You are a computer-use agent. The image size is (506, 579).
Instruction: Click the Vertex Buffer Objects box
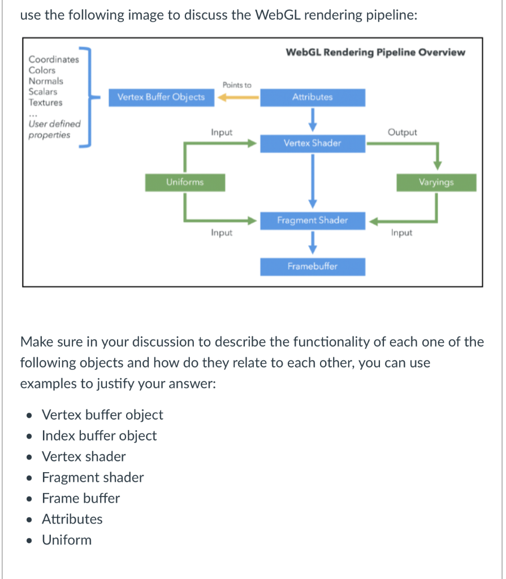coord(161,97)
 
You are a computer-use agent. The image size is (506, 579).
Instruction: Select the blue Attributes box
coord(312,97)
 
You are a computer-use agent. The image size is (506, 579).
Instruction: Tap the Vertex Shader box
coord(312,143)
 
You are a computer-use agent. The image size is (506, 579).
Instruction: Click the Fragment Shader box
coord(312,220)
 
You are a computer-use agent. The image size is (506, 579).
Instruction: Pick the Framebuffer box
coord(312,266)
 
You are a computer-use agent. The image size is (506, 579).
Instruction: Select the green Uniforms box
coord(185,182)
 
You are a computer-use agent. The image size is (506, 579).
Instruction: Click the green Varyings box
coord(436,182)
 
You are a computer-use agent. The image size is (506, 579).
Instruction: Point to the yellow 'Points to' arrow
coord(237,98)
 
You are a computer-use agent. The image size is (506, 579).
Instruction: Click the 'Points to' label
coord(237,85)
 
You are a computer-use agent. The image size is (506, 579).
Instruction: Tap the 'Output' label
coord(402,132)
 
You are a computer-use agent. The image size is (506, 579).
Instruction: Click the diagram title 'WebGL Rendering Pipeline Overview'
coord(375,53)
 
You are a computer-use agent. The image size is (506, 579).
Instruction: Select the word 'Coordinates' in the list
coord(54,59)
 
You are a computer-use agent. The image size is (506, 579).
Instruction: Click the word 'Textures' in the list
coord(46,102)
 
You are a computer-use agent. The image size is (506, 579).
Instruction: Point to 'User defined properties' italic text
coord(54,129)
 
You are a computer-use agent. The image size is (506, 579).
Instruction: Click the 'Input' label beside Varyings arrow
coord(401,233)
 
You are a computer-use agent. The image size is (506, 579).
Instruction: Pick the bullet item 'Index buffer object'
coord(100,435)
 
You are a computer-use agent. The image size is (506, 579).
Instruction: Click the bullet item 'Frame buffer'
coord(81,498)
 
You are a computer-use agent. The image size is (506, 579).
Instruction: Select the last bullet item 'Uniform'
coord(67,540)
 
